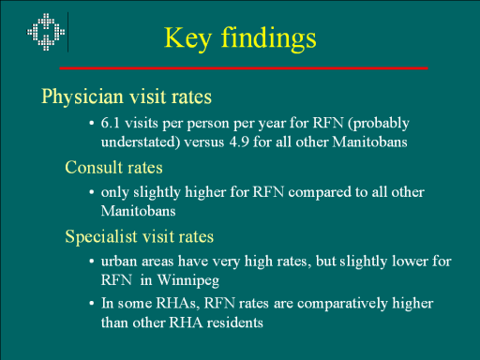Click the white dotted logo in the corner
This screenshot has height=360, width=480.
pos(46,32)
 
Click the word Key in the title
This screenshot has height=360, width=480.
pos(187,38)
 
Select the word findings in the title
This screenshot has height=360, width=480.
pos(269,38)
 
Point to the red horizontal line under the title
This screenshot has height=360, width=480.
pos(244,67)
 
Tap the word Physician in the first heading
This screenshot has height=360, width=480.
pos(82,97)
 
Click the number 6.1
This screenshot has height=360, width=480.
pos(111,123)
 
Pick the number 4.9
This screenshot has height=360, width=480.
pos(239,142)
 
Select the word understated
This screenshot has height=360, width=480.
pos(139,142)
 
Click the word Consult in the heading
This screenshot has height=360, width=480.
pos(94,167)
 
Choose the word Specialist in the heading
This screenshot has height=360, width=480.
pos(101,237)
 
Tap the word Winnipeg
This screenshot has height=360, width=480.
pos(187,280)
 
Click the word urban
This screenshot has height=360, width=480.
pos(119,262)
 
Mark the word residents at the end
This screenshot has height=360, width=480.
pos(235,322)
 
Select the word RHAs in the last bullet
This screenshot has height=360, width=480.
pos(177,303)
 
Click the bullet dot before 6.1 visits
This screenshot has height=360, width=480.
pos(92,124)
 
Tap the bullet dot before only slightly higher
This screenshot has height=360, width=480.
pos(92,192)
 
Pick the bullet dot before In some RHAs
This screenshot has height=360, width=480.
pos(92,304)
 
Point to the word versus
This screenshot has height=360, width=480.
pos(204,142)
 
